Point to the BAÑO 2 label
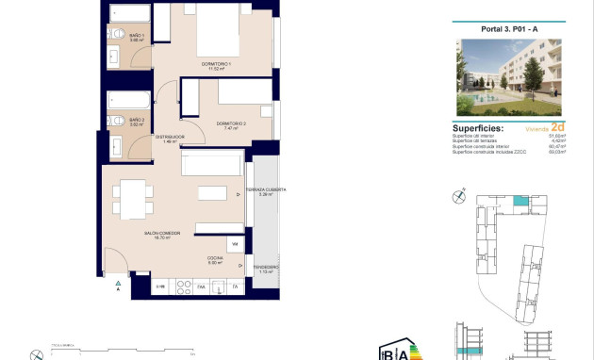[137, 121]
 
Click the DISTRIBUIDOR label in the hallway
[170, 138]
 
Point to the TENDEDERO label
[265, 267]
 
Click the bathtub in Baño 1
[130, 13]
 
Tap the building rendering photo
[508, 76]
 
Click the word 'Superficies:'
[478, 127]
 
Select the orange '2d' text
[558, 126]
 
